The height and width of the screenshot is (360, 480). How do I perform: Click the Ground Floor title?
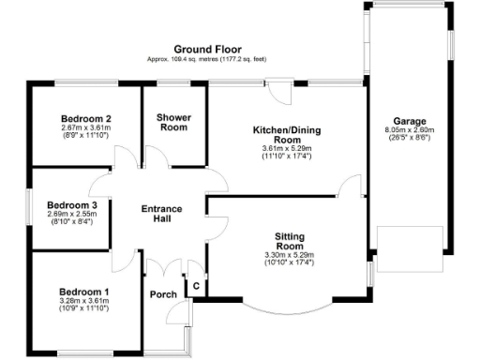(x=206, y=49)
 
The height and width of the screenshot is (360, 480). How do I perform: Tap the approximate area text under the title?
(x=206, y=59)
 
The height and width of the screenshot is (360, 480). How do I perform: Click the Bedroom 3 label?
(x=72, y=204)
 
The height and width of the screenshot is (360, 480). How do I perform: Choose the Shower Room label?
(x=173, y=123)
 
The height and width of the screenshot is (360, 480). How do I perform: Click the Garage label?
(x=410, y=121)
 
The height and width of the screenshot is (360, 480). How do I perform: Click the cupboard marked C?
(x=197, y=287)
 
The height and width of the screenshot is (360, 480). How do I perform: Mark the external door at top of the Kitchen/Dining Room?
(x=280, y=92)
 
